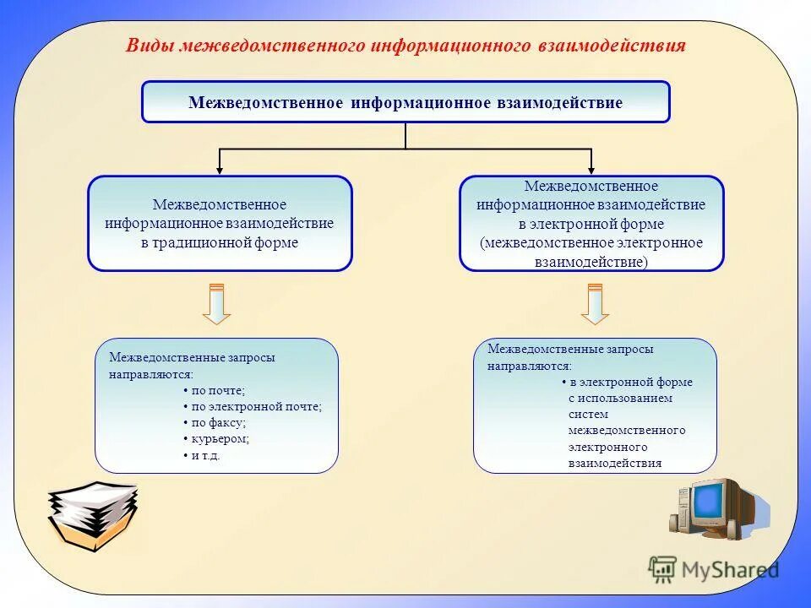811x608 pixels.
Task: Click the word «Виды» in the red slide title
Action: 150,46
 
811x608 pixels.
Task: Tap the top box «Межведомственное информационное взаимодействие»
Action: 405,102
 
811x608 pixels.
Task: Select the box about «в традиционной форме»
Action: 220,224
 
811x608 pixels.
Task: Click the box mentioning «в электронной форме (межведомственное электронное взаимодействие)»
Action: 591,224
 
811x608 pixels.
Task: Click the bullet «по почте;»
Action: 218,390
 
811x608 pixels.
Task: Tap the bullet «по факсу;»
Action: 218,422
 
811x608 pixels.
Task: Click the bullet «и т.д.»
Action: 205,455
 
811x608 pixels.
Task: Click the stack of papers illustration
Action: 91,515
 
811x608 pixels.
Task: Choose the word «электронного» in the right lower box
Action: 607,447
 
